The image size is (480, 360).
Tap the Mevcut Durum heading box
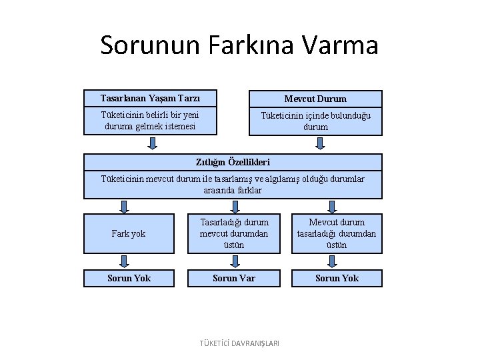coord(315,99)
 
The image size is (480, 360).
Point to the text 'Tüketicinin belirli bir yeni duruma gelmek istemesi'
coord(150,120)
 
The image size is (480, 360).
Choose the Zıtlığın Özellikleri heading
coord(233,162)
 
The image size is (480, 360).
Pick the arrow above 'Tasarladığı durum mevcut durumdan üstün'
coord(234,206)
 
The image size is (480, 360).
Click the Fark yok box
coord(129,234)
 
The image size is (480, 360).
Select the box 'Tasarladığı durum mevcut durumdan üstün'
coord(234,233)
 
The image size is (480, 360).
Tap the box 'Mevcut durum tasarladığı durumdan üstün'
coord(337,233)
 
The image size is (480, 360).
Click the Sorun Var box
coord(234,278)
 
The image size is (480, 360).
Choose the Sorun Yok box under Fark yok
coord(129,278)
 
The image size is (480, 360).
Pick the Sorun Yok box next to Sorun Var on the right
coord(337,278)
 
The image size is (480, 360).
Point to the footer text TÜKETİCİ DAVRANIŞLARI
coord(240,343)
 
